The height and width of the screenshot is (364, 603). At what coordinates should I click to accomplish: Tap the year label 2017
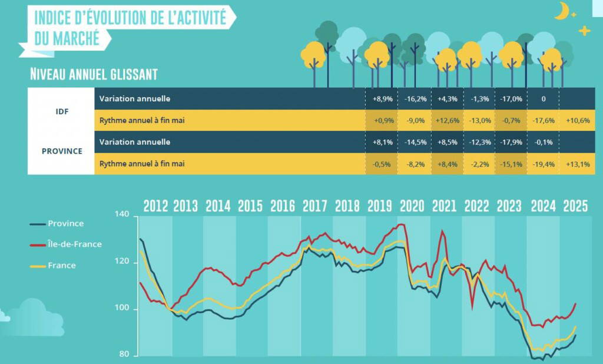click(x=314, y=206)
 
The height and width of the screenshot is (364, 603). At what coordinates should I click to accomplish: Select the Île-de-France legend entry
click(x=66, y=244)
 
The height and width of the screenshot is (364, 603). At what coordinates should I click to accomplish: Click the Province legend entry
click(x=57, y=224)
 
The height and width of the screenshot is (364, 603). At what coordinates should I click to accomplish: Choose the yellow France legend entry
click(x=52, y=266)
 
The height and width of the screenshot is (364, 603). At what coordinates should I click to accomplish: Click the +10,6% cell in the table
click(x=578, y=120)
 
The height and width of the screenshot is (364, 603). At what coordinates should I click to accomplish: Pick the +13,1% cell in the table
click(x=578, y=164)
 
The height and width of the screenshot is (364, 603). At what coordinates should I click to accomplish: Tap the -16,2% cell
click(x=415, y=99)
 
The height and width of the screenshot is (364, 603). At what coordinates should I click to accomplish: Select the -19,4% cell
click(x=544, y=164)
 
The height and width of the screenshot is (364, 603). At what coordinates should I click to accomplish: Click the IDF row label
click(x=62, y=111)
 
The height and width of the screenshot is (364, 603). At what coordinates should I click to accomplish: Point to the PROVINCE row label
click(x=62, y=151)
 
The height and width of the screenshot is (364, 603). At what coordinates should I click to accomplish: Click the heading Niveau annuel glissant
click(x=94, y=74)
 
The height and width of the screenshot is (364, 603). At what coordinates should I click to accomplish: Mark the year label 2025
click(x=575, y=206)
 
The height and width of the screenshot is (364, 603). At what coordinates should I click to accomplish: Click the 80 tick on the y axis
click(x=124, y=354)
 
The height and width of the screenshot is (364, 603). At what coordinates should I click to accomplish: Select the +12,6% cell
click(x=448, y=120)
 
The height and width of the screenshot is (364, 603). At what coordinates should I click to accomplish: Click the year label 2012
click(x=155, y=206)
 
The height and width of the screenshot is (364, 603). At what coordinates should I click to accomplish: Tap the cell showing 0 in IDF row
click(x=544, y=99)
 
